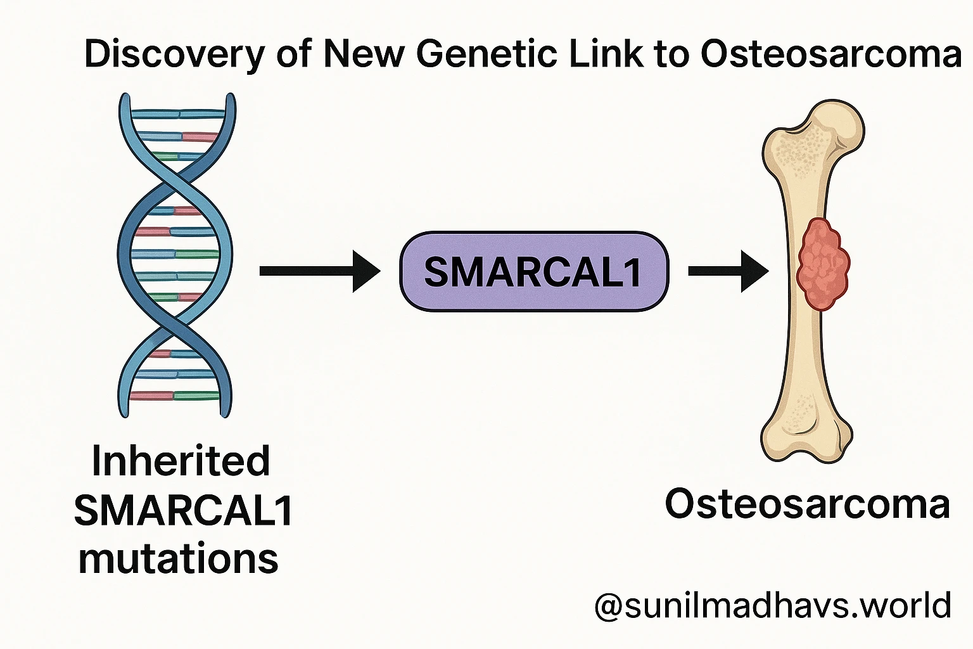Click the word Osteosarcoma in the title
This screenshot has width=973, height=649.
pyautogui.click(x=831, y=54)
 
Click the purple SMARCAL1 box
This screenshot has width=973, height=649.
pyautogui.click(x=533, y=271)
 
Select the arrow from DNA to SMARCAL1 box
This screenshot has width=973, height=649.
pyautogui.click(x=319, y=271)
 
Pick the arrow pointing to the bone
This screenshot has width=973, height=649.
pyautogui.click(x=728, y=271)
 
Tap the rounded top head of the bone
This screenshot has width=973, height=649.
pyautogui.click(x=836, y=124)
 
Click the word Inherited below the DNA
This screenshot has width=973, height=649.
pyautogui.click(x=181, y=461)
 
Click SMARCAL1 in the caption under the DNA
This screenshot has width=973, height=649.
pyautogui.click(x=184, y=510)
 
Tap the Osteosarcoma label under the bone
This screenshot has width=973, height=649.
pyautogui.click(x=807, y=505)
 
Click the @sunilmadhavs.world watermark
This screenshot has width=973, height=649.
pyautogui.click(x=773, y=605)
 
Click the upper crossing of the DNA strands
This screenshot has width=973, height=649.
pyautogui.click(x=175, y=181)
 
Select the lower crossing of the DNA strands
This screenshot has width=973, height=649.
pyautogui.click(x=175, y=326)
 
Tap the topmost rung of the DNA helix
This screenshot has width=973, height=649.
pyautogui.click(x=179, y=115)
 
